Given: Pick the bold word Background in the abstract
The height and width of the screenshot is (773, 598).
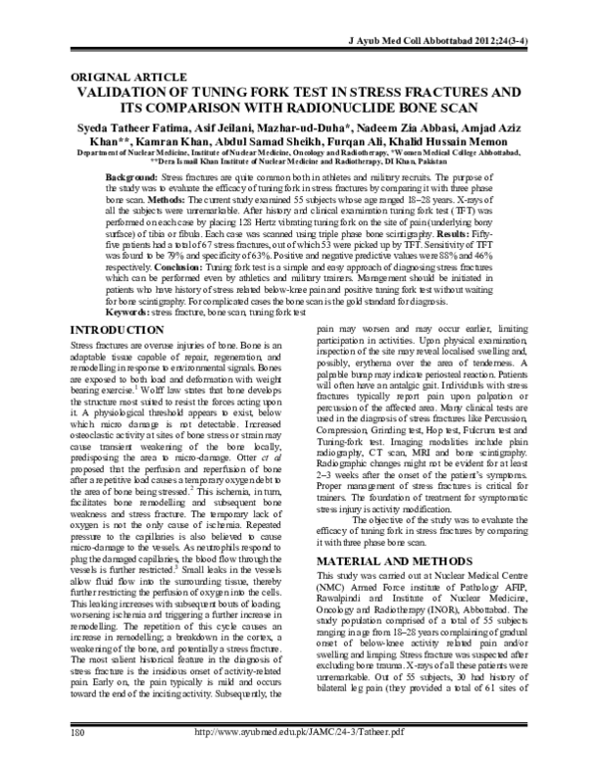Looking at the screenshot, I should tap(132, 175).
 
